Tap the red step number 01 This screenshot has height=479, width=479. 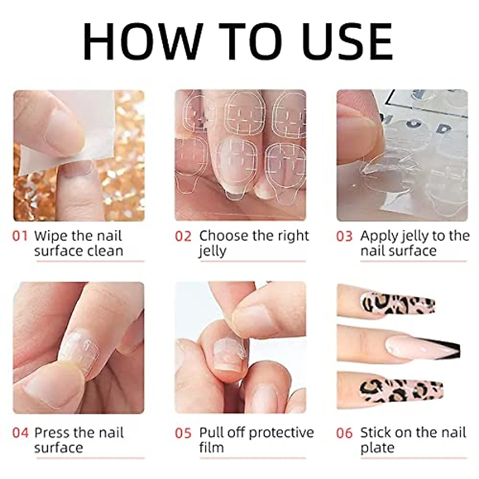[x=20, y=236]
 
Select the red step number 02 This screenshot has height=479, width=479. [x=183, y=236]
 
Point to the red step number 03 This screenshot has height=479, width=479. [x=344, y=236]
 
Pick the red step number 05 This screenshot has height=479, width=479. [x=183, y=433]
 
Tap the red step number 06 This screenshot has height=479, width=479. [x=344, y=433]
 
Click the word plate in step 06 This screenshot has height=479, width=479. [x=377, y=448]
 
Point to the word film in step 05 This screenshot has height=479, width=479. [x=211, y=447]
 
